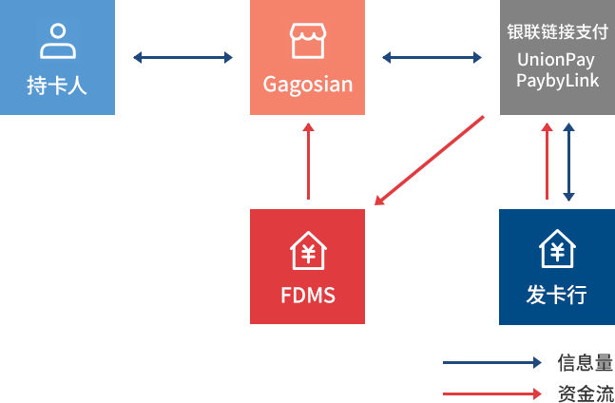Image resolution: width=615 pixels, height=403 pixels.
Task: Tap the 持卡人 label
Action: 57,86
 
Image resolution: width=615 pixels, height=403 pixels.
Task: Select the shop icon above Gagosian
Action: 307,41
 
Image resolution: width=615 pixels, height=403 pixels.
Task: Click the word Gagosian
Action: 307,84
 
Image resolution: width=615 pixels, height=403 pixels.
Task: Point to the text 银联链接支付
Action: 556,30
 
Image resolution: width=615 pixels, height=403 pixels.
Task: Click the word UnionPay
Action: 556,60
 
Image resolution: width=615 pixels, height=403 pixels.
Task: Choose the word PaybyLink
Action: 557,80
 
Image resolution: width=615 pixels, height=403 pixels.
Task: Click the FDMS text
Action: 308,295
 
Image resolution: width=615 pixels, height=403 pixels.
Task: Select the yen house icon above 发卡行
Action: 557,250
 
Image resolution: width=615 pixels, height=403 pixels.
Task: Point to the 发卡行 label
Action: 557,295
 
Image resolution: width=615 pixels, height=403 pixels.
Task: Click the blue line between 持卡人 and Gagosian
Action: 183,57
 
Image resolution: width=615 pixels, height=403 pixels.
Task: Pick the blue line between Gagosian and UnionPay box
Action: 432,57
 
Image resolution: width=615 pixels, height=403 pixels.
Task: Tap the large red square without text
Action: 432,158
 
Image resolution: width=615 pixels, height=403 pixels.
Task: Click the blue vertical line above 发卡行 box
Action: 568,162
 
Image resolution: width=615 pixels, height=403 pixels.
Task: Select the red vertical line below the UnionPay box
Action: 547,162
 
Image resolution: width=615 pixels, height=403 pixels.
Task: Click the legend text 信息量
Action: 584,362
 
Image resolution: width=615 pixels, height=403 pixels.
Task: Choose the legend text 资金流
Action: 584,393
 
